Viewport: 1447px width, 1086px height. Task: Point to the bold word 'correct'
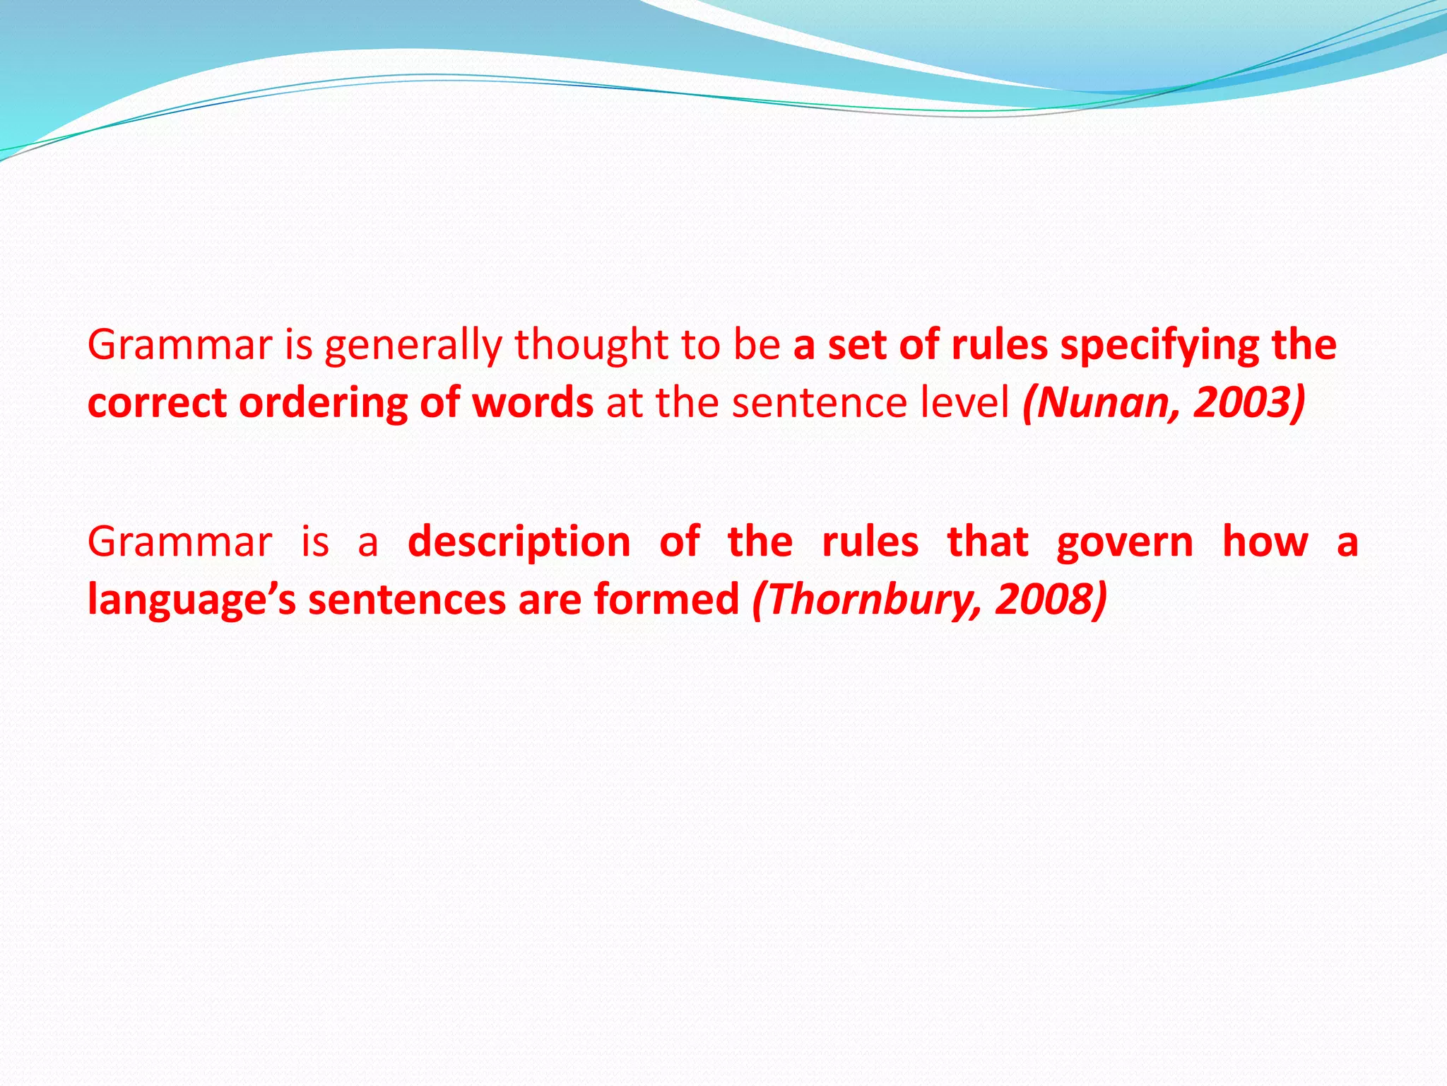point(156,404)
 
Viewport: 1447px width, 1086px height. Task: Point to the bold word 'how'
point(1265,542)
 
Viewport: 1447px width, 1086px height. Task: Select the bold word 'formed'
point(666,599)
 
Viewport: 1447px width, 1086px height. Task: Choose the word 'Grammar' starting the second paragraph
point(179,542)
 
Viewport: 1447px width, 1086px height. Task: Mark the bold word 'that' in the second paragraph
point(987,542)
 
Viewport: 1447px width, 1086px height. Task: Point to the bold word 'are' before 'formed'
point(549,600)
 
